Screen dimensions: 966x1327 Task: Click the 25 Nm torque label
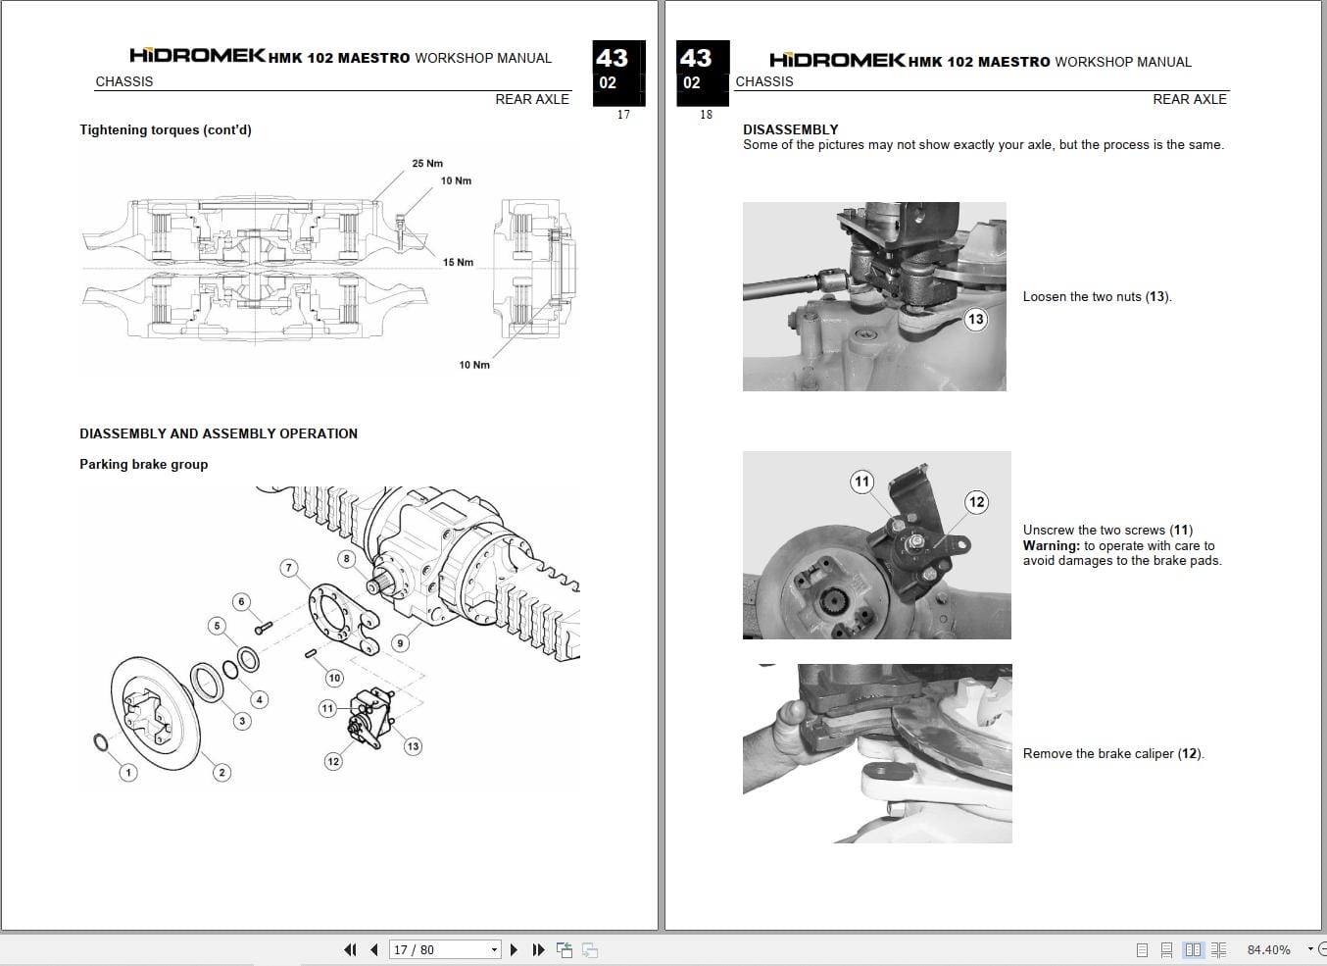coord(426,164)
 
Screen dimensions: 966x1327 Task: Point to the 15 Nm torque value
coord(458,263)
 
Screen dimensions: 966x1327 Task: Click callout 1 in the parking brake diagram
coord(127,773)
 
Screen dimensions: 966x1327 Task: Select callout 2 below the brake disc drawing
coord(221,773)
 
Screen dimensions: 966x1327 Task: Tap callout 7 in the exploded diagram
coord(288,568)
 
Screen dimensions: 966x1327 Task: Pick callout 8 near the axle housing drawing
coord(346,559)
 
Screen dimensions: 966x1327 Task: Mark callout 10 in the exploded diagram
coord(334,678)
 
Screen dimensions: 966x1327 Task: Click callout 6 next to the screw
coord(241,602)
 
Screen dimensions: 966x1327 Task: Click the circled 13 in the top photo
coord(975,319)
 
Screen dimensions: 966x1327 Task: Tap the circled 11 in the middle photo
coord(861,482)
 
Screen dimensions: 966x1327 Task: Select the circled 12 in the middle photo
coord(976,502)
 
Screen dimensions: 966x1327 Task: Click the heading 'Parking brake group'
coord(144,465)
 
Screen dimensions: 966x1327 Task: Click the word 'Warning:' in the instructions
coord(1051,546)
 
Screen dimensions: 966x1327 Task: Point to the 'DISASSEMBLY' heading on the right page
coord(790,129)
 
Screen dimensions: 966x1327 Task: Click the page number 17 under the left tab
coord(623,115)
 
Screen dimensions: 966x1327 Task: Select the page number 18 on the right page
coord(706,115)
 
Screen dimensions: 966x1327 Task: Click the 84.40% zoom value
coord(1268,949)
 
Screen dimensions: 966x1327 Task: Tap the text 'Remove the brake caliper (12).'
coord(1113,754)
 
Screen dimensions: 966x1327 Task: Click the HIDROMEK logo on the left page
coord(197,56)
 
